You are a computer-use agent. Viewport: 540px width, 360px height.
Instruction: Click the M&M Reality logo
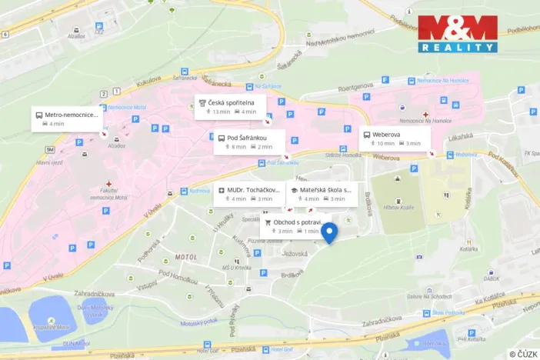pyautogui.click(x=457, y=34)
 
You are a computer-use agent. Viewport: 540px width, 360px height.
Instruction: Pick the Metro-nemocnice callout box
pyautogui.click(x=66, y=119)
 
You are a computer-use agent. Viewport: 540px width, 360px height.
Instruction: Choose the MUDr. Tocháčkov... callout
pyautogui.click(x=248, y=194)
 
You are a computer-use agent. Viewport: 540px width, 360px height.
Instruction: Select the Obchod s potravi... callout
pyautogui.click(x=292, y=226)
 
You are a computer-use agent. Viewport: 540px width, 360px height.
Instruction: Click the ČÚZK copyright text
pyautogui.click(x=523, y=354)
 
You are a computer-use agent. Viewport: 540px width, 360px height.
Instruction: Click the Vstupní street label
pyautogui.click(x=147, y=287)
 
